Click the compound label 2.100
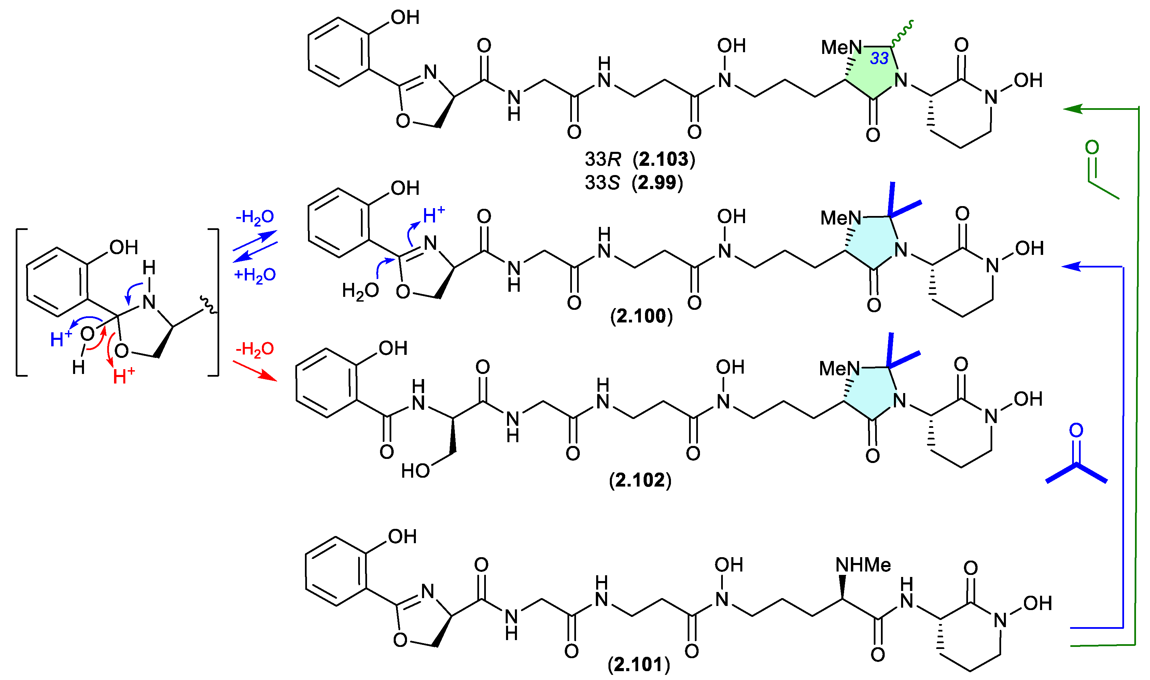(641, 316)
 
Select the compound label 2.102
(640, 480)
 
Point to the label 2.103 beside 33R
(664, 159)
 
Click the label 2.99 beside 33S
(657, 183)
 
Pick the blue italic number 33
(879, 58)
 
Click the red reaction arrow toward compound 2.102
(255, 371)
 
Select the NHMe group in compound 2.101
(863, 565)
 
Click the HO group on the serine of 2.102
(415, 471)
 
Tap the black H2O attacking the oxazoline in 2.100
(361, 290)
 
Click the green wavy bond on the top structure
(902, 33)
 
